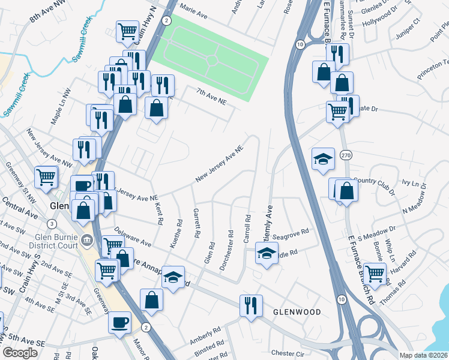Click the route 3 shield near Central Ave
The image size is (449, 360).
(x=52, y=224)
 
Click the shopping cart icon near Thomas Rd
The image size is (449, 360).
(x=375, y=273)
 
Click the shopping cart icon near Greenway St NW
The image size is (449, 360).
(x=46, y=176)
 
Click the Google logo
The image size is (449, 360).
(x=19, y=353)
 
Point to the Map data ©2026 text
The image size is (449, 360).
(x=423, y=355)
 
